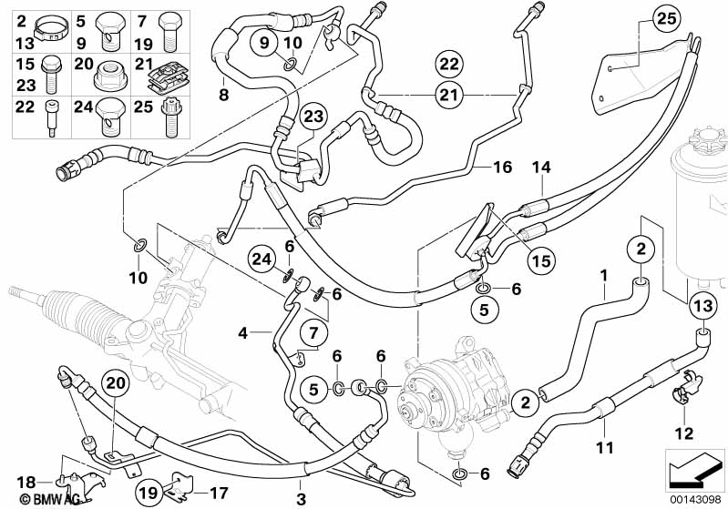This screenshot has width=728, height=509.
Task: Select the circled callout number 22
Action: (x=447, y=64)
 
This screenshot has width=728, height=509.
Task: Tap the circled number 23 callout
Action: (x=313, y=117)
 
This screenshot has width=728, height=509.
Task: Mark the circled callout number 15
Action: (x=542, y=260)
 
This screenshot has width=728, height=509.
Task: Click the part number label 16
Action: (x=503, y=167)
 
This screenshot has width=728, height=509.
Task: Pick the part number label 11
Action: (x=602, y=447)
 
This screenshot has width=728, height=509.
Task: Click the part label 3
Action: (x=302, y=499)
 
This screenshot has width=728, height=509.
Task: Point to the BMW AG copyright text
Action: (x=33, y=499)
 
